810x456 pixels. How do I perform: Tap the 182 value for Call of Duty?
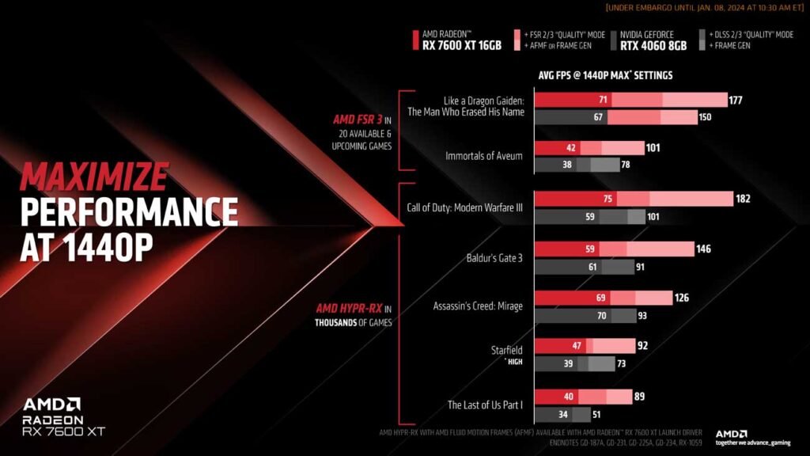pos(743,199)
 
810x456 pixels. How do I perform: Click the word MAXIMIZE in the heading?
pos(94,174)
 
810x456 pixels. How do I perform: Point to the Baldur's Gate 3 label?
pos(495,257)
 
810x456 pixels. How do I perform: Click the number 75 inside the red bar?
pos(607,199)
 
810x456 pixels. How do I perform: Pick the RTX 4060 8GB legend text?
pos(653,46)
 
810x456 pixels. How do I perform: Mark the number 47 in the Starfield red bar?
pos(577,346)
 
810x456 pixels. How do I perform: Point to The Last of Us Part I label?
pos(485,405)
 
